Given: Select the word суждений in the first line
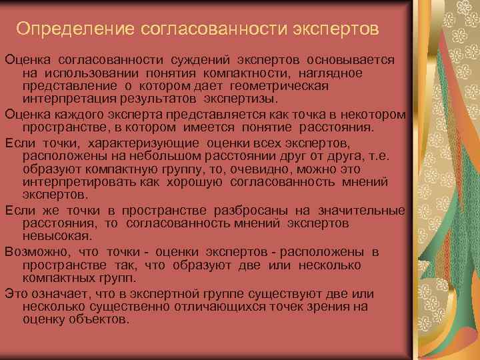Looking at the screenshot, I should (200, 61).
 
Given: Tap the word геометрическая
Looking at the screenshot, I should (279, 86).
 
